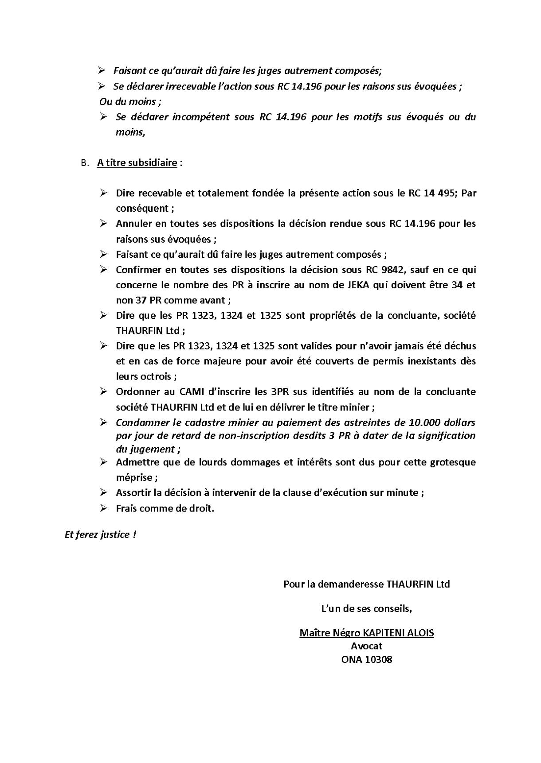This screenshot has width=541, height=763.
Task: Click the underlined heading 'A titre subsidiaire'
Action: [137, 163]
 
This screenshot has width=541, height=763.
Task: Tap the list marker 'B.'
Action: [85, 163]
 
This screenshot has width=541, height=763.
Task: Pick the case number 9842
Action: [426, 270]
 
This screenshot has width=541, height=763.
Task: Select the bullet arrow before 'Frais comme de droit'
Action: [103, 508]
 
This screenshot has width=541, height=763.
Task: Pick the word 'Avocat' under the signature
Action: [366, 646]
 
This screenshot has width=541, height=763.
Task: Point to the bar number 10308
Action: [378, 659]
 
